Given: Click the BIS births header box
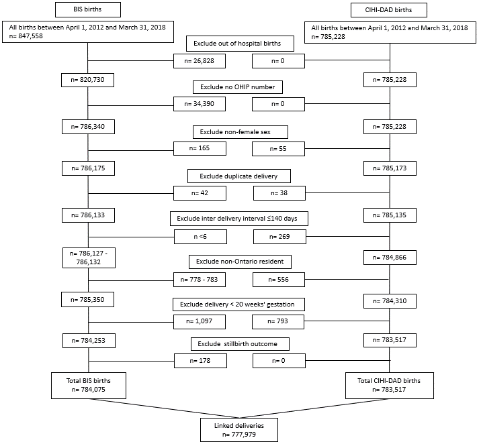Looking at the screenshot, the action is point(88,9).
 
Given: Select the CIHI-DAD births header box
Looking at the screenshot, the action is point(388,10).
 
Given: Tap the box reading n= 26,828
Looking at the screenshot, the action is point(200,61).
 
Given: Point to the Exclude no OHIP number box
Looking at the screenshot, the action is point(238,87).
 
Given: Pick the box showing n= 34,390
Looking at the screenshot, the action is point(200,104).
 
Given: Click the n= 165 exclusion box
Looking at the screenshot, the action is point(200,148).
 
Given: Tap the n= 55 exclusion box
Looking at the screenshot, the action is point(278,149).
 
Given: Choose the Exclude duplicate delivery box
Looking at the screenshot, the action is point(239,176).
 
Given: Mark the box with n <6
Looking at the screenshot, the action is point(200,237).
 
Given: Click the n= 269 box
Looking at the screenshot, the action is point(279,237).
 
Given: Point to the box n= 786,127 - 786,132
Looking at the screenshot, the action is point(89,258).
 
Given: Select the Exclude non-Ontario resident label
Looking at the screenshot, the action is point(240,262).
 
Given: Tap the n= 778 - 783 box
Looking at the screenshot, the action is point(200,280).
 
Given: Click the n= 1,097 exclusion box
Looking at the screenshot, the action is point(200,322).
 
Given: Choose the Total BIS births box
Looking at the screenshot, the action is point(89,386).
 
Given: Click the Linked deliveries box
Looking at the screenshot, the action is point(239,430).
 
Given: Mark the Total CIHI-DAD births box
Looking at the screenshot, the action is point(390,386).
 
